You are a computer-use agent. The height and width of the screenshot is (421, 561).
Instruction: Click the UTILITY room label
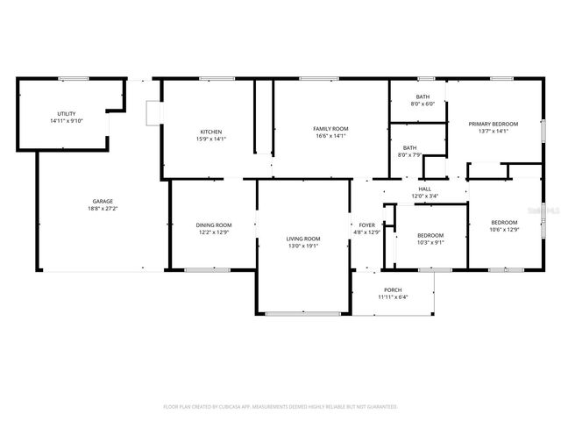pyautogui.click(x=67, y=114)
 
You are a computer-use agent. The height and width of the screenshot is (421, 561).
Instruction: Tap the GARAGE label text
pyautogui.click(x=103, y=201)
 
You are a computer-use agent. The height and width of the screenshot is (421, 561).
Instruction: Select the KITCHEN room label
pyautogui.click(x=211, y=132)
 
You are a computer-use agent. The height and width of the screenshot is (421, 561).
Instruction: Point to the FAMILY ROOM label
pyautogui.click(x=330, y=129)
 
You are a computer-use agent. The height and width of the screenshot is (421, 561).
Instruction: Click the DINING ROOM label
pyautogui.click(x=213, y=225)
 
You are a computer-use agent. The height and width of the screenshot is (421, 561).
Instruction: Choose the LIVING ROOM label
pyautogui.click(x=303, y=239)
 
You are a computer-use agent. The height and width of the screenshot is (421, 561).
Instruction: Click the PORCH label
pyautogui.click(x=393, y=290)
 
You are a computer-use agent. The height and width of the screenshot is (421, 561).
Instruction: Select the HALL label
pyautogui.click(x=424, y=189)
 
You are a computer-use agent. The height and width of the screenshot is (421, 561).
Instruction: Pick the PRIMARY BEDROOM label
pyautogui.click(x=494, y=125)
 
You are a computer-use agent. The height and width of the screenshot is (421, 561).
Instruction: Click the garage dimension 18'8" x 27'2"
pyautogui.click(x=103, y=209)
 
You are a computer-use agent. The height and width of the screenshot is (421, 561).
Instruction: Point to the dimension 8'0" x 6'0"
pyautogui.click(x=423, y=103)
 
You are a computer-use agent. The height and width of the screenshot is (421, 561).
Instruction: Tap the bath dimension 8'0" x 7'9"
pyautogui.click(x=410, y=155)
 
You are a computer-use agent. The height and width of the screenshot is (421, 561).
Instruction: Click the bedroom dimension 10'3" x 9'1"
pyautogui.click(x=430, y=242)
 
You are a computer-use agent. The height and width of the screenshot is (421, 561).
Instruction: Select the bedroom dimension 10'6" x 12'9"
pyautogui.click(x=504, y=230)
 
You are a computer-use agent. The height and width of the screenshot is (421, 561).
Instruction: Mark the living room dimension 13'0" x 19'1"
pyautogui.click(x=303, y=246)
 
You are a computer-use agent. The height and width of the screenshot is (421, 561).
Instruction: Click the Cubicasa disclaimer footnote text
pyautogui.click(x=280, y=407)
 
